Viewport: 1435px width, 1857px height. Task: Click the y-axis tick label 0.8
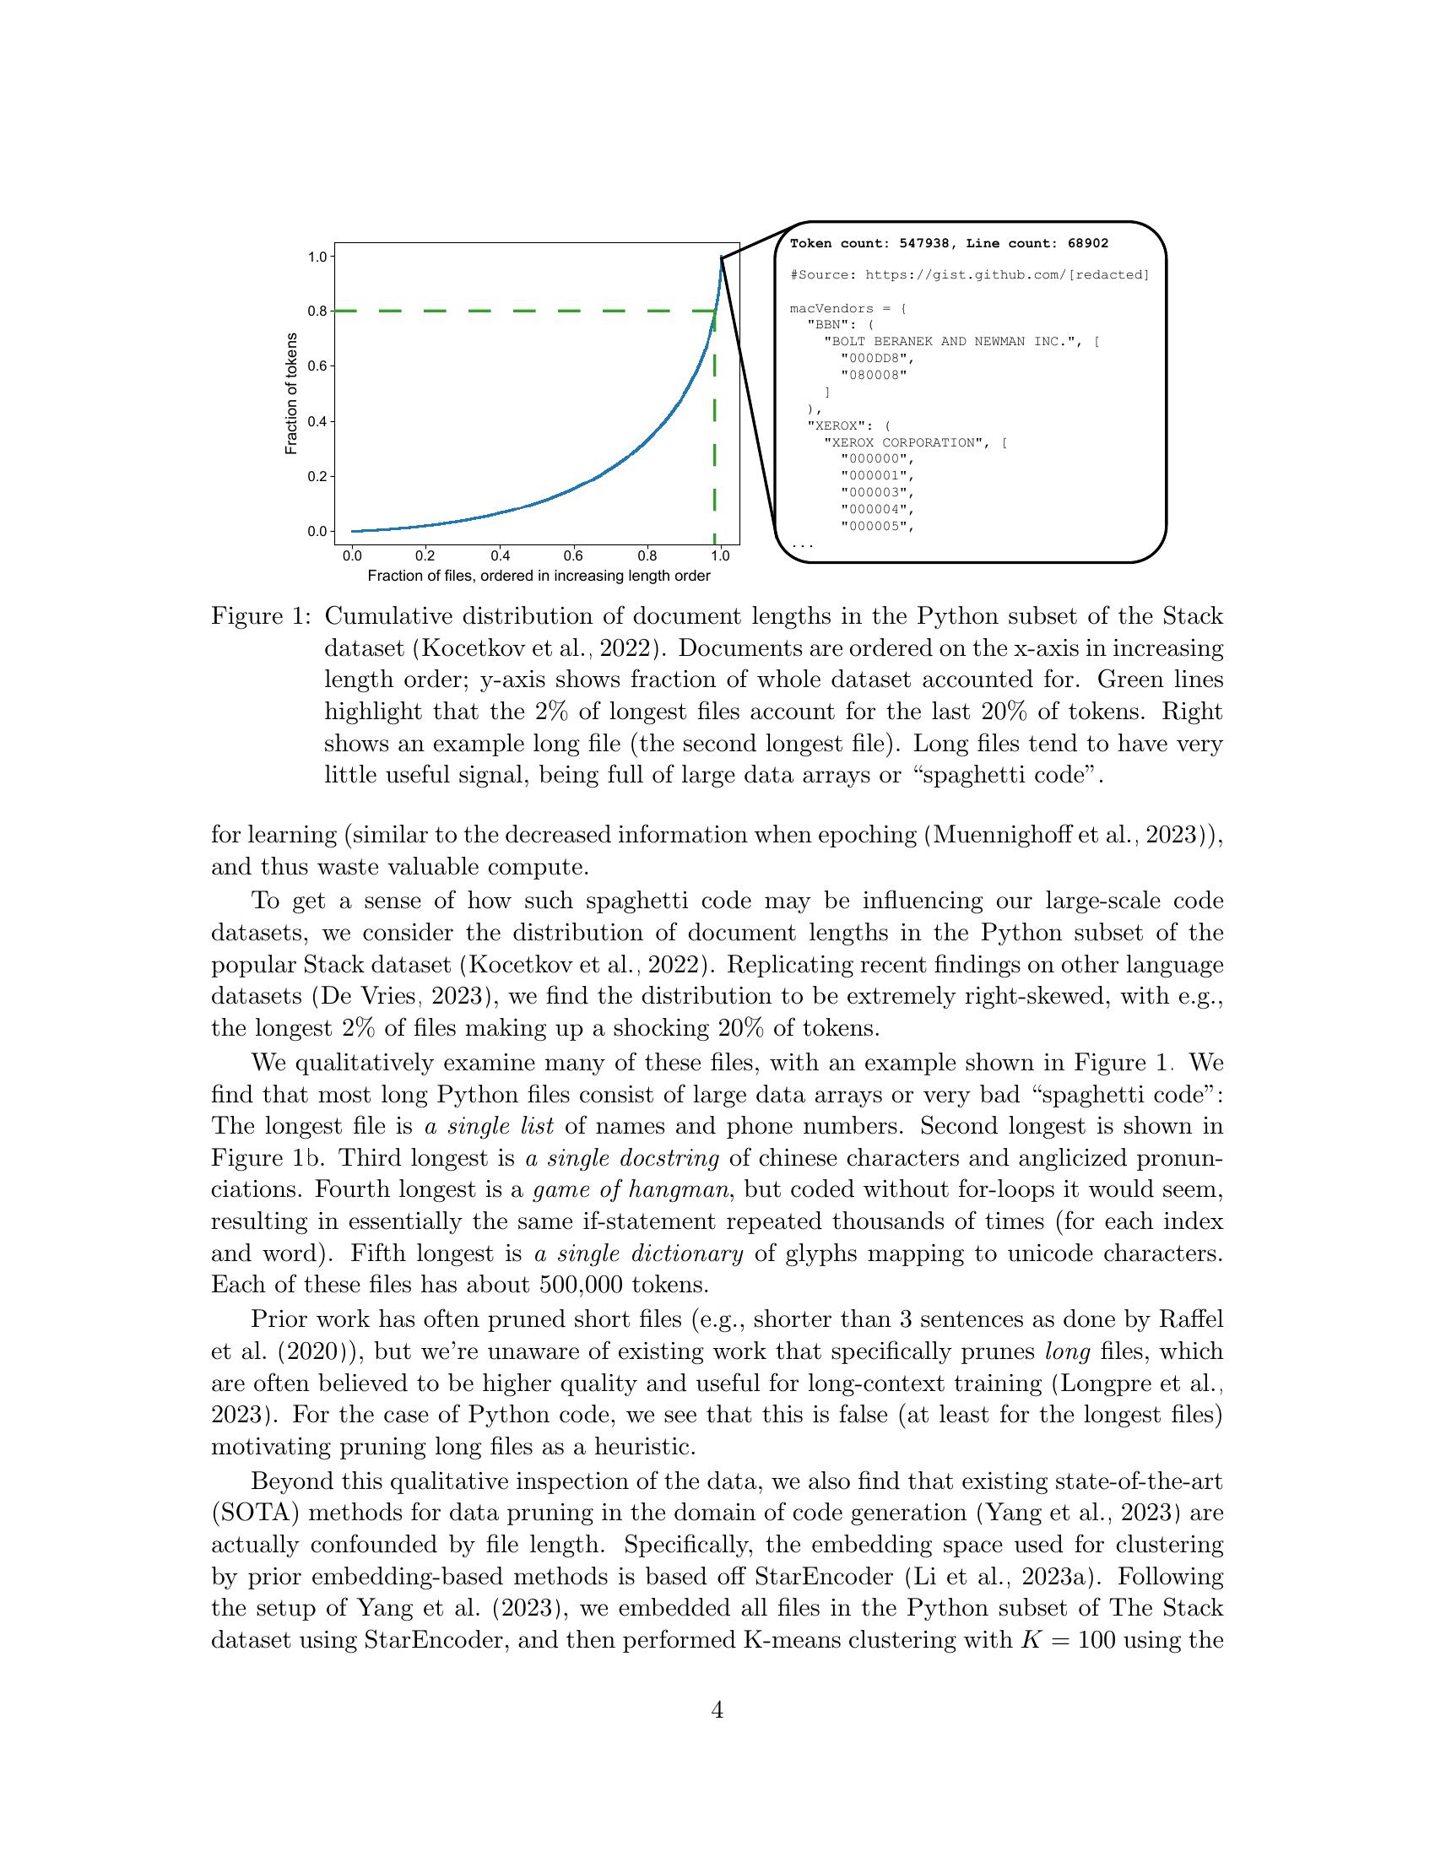pos(317,311)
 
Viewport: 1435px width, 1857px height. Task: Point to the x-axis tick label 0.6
pos(573,556)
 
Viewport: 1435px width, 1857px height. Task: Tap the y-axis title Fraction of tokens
pos(291,393)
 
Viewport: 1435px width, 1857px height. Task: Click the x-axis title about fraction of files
pos(539,576)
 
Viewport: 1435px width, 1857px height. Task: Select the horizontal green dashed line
pos(510,311)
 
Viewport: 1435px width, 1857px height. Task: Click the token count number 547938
pos(923,243)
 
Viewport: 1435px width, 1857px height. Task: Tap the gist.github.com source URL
pos(1006,274)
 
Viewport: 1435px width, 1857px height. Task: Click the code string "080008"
pos(874,375)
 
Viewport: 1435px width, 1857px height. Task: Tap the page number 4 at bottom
pos(717,1710)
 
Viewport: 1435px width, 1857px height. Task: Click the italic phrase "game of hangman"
pos(630,1189)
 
